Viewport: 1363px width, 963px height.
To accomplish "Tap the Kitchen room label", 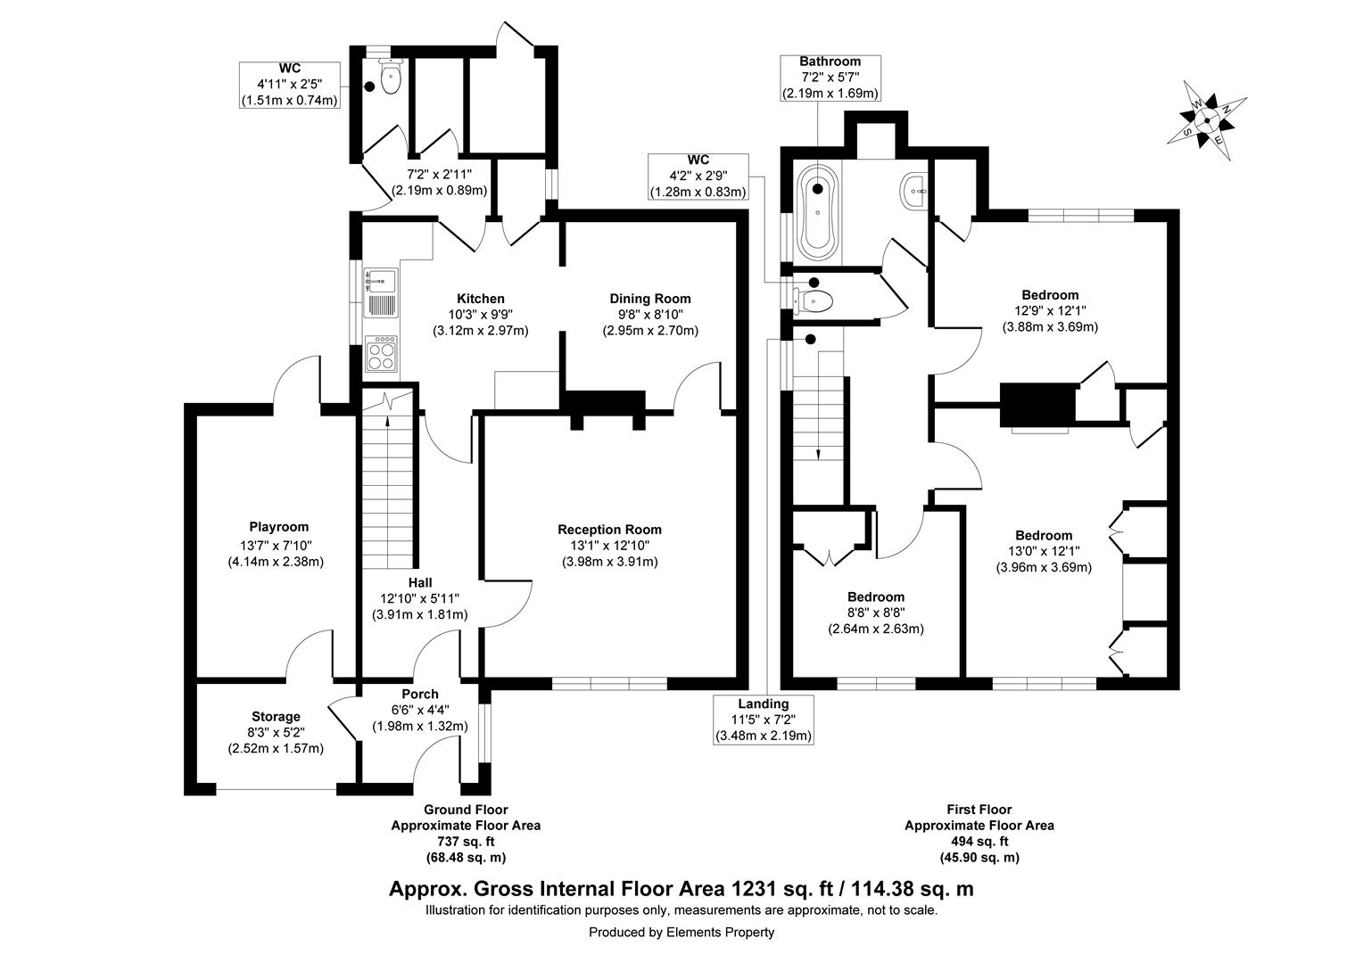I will coord(480,299).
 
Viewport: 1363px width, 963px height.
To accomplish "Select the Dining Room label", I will coord(649,299).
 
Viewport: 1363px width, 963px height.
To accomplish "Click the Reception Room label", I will coord(609,530).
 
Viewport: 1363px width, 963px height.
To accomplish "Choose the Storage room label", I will coord(276,716).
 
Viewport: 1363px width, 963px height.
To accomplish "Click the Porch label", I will coord(419,694).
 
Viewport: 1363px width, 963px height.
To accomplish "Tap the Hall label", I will coord(420,582).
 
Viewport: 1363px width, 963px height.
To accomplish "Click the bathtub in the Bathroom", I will coord(818,210).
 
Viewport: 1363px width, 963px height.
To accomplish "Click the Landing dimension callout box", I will coord(763,719).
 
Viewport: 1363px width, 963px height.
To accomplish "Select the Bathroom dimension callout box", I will coord(830,78).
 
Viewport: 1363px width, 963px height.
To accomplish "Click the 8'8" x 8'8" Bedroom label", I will coord(876,597).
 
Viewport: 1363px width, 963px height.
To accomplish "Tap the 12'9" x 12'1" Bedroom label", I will coord(1050,295).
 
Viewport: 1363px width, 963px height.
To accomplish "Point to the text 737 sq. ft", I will coord(465,841).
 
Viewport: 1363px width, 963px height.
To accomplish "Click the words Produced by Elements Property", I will coord(681,933).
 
